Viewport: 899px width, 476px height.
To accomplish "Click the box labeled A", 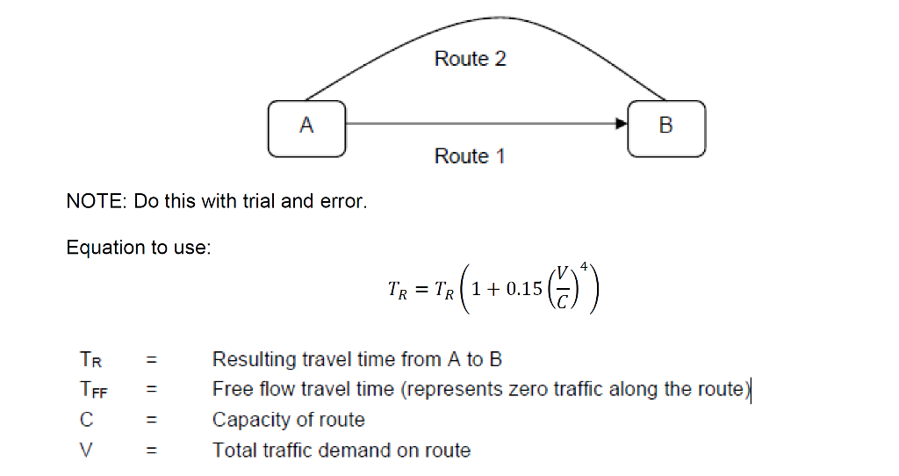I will click(306, 127).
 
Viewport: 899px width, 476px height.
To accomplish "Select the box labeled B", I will click(665, 127).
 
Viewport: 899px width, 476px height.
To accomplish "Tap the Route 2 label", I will click(470, 59).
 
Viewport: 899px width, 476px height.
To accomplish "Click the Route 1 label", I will click(470, 156).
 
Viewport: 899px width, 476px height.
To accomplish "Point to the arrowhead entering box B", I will click(622, 125).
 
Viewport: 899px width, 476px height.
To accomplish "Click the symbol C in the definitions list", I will click(86, 420).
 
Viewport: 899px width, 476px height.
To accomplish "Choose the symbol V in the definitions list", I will click(86, 451).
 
